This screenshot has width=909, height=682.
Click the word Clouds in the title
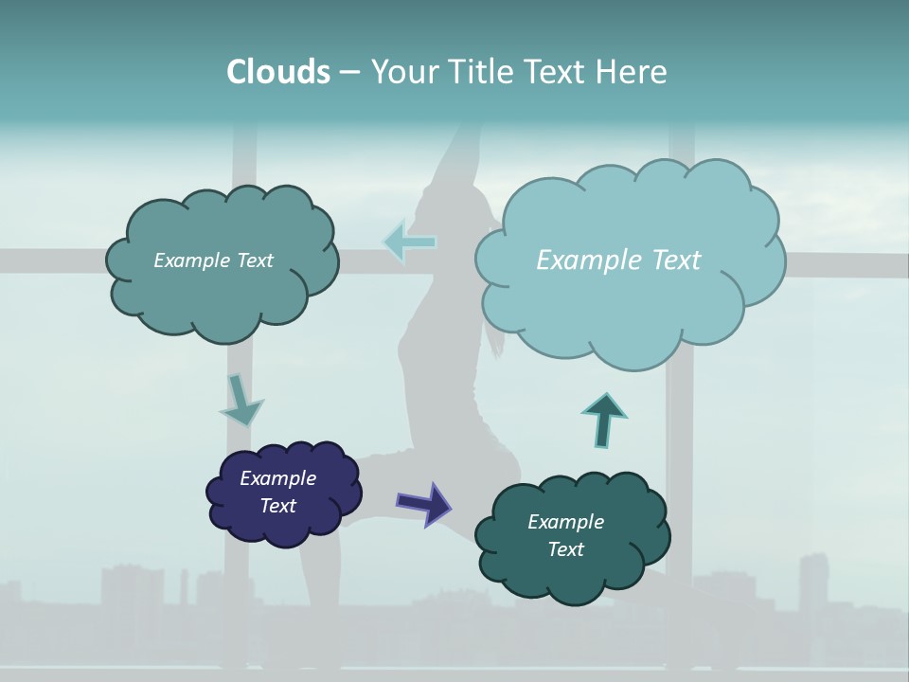click(277, 72)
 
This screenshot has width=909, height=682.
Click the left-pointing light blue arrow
click(410, 242)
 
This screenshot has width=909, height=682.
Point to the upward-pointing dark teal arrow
click(604, 420)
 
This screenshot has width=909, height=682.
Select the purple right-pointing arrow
click(423, 503)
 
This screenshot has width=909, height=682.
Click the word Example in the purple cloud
click(277, 478)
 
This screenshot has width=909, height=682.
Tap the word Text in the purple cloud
click(278, 506)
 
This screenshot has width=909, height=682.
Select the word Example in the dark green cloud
click(565, 522)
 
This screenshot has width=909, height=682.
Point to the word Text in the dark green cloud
click(565, 549)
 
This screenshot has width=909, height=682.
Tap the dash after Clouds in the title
click(349, 72)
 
